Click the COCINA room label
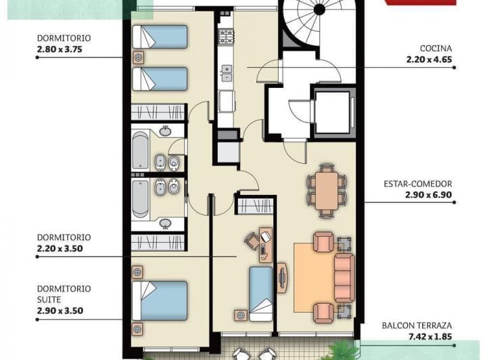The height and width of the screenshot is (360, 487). tap(436, 49)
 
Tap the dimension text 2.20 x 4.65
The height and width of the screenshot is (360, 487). tap(429, 60)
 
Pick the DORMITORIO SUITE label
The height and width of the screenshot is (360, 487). tap(64, 294)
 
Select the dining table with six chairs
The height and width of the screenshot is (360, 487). tap(327, 189)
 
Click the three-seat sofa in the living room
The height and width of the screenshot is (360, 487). tap(344, 277)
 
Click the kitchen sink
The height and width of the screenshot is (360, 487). tap(226, 72)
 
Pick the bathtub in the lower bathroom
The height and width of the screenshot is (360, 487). tap(141, 198)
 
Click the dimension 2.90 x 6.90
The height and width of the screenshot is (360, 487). tap(428, 194)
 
